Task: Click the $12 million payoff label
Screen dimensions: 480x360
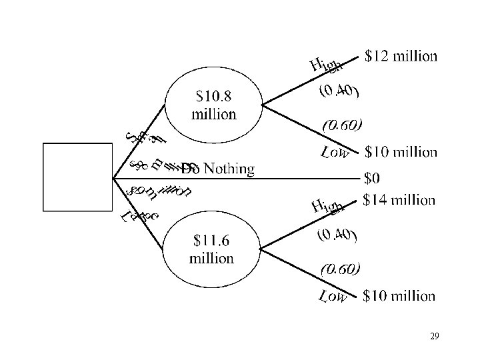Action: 402,56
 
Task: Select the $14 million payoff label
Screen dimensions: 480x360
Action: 400,199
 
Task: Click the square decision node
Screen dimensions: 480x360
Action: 77,177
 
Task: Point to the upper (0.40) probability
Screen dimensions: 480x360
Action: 339,91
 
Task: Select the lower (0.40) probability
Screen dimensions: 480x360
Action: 337,235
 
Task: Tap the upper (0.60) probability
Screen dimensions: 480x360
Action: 342,125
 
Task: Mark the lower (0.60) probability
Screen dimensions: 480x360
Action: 341,269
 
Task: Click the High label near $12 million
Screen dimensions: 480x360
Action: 326,65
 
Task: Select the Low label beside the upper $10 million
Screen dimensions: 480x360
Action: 335,153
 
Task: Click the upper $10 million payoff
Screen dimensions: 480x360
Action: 401,152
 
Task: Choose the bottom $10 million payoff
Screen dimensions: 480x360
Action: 400,295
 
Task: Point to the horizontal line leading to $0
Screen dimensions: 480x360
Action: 300,179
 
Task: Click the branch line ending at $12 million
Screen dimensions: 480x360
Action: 307,80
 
